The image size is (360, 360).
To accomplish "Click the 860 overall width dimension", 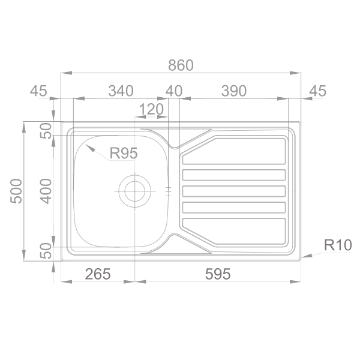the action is pos(181,65).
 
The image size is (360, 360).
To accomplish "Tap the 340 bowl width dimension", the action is pos(121,91).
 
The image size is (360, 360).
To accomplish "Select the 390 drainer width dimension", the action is pos(234,91).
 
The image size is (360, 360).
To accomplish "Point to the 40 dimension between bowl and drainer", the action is pos(174,91).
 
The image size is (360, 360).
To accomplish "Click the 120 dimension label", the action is pos(151,109).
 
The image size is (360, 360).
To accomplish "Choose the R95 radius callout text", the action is pos(124,153).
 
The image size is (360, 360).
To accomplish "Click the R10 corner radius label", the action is pos(338,245).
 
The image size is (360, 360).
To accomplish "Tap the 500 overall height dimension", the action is pos(16,191).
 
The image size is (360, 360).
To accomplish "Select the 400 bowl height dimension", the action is pos(46,191).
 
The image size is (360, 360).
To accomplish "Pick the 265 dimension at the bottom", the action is pos(98,274).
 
